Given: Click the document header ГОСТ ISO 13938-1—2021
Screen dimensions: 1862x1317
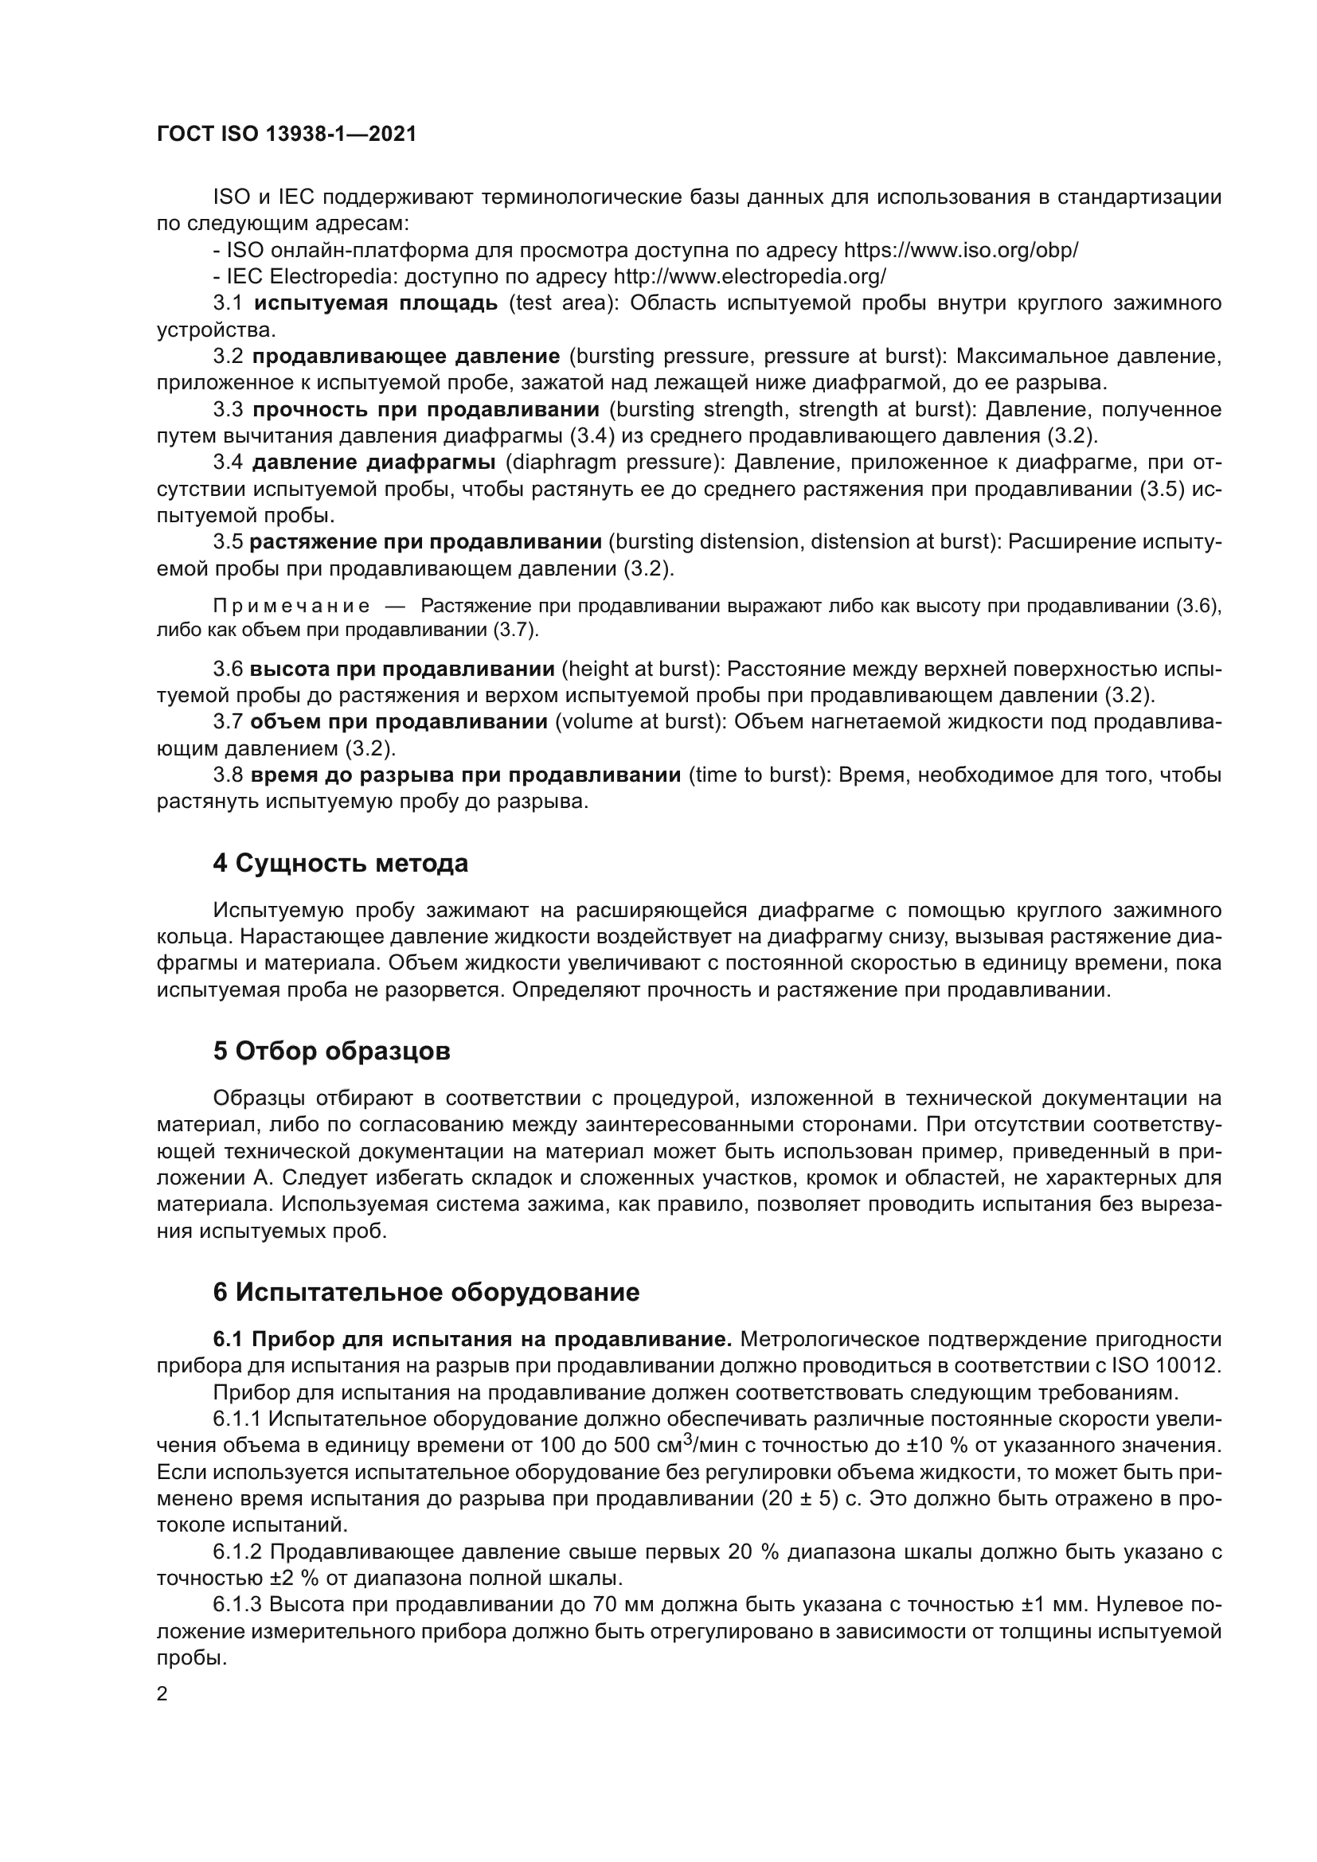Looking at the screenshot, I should (x=287, y=135).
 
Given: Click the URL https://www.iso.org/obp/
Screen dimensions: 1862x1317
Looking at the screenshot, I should (x=961, y=250).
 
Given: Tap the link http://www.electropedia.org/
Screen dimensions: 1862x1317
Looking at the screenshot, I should (x=749, y=276).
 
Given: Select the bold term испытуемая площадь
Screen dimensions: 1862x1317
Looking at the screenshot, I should (x=377, y=303).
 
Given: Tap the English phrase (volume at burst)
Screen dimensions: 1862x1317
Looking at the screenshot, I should (x=641, y=722).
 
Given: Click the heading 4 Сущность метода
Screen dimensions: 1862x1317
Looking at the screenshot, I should (x=341, y=863).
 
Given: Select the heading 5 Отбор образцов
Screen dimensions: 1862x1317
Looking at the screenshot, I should (x=332, y=1051).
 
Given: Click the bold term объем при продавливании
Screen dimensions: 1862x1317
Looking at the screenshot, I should (x=398, y=722).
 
